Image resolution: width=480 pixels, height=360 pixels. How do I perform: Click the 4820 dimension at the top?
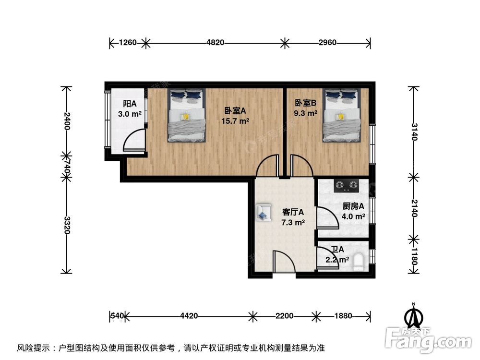coord(216,43)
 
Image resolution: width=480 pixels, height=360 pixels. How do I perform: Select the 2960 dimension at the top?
coord(327,43)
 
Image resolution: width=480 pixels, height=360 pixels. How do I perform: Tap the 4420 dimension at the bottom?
coord(189,316)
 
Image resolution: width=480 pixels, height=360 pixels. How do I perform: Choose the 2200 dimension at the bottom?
coord(284,316)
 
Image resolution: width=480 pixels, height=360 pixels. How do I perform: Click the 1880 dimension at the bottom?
coord(343,316)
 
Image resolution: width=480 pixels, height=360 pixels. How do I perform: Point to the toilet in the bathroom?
coord(358,261)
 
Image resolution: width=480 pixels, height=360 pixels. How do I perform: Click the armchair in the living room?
coord(263,212)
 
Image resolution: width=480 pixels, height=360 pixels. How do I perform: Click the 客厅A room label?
coord(292,212)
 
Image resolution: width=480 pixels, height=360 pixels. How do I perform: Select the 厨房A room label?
coord(353,206)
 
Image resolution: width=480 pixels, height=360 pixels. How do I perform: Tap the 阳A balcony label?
coord(130,104)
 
